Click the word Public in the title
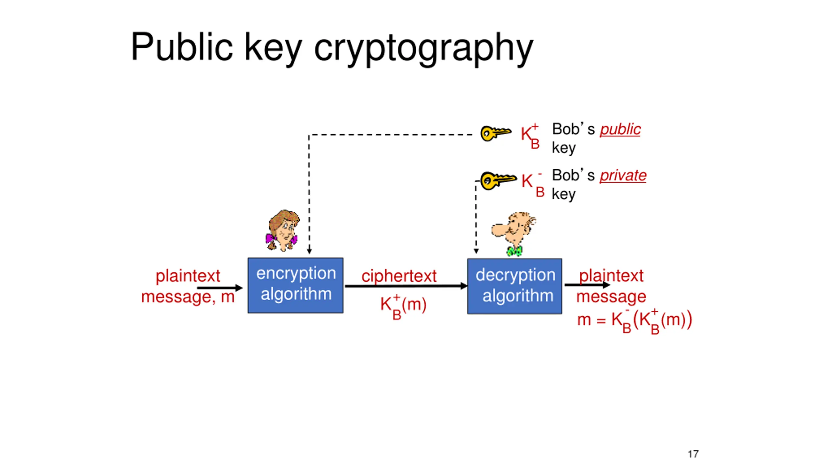point(181,47)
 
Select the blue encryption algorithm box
point(295,285)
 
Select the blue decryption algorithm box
point(514,286)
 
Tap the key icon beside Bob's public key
point(495,133)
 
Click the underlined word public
point(620,129)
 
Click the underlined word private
point(623,175)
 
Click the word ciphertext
point(399,276)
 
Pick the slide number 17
point(693,454)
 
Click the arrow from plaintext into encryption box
point(220,288)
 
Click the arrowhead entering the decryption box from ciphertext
point(464,286)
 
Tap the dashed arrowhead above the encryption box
point(309,251)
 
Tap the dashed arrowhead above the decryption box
point(476,251)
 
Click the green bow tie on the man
point(514,251)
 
